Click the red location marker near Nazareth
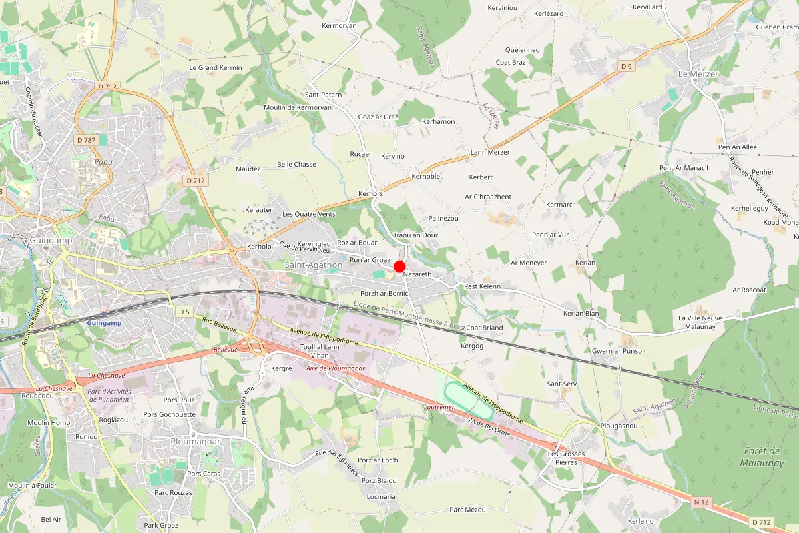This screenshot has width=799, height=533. (x=400, y=266)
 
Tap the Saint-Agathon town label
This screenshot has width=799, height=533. (x=313, y=265)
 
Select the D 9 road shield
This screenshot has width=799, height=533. (x=626, y=66)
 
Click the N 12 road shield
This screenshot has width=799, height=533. (x=700, y=501)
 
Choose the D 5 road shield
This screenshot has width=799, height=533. (x=184, y=312)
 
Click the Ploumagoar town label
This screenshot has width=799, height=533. (x=196, y=441)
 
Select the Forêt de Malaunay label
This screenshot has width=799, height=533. (x=764, y=457)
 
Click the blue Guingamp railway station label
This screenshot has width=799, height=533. (x=103, y=322)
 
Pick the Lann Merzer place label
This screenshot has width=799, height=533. (x=490, y=152)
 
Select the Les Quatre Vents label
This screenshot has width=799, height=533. (x=309, y=214)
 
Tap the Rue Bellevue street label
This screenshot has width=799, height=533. (x=219, y=324)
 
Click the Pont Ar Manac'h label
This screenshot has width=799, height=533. (x=684, y=167)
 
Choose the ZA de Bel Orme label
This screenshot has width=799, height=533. (x=489, y=426)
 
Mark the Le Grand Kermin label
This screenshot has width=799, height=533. (x=216, y=67)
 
